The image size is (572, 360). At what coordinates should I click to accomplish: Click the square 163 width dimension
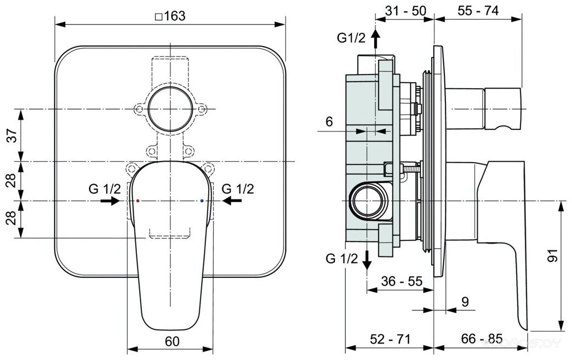[170, 16]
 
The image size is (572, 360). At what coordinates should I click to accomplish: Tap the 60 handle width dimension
[171, 341]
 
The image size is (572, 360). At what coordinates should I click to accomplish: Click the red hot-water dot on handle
[137, 201]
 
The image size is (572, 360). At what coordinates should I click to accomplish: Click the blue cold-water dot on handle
[203, 201]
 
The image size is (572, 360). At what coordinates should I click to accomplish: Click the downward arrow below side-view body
[368, 259]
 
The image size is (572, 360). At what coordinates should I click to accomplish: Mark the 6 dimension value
[329, 122]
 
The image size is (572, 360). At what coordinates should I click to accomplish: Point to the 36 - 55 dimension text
[402, 281]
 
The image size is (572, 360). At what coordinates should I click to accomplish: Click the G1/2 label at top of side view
[351, 38]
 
